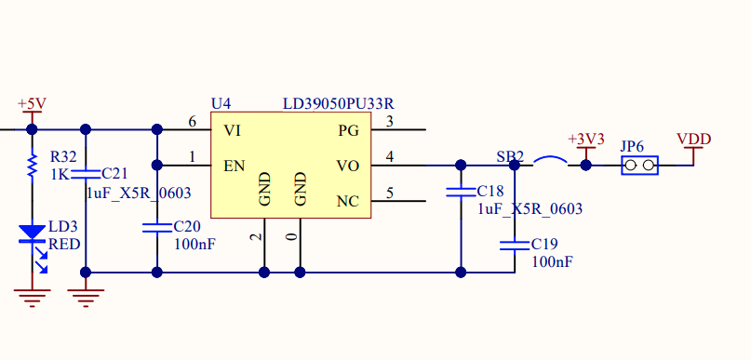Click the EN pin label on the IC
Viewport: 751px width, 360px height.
[235, 166]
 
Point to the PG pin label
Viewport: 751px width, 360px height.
[348, 129]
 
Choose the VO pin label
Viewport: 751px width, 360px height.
[347, 166]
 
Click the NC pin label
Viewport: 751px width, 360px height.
[347, 201]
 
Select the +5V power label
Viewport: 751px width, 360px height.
[32, 103]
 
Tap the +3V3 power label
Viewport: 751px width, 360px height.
[586, 139]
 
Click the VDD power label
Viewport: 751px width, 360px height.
[694, 139]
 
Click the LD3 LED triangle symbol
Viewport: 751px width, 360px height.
[33, 231]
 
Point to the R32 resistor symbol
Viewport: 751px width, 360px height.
[32, 166]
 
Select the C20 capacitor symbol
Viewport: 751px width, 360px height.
[156, 227]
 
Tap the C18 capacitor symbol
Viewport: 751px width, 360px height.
[461, 193]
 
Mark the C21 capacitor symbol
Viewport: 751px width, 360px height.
[86, 173]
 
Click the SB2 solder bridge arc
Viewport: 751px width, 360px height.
[551, 163]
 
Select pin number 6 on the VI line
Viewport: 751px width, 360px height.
[192, 122]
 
